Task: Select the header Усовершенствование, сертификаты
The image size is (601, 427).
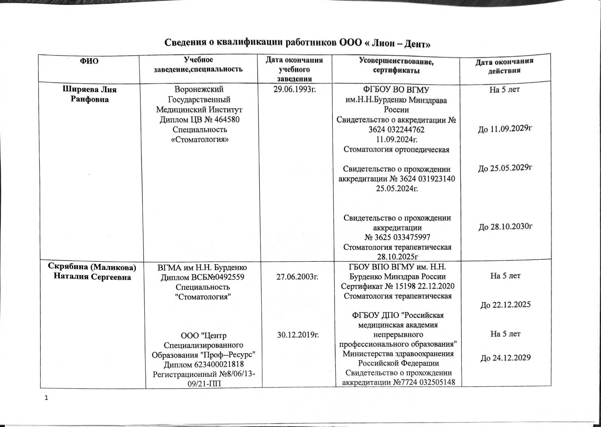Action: [396, 66]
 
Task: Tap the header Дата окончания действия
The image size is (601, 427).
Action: [505, 66]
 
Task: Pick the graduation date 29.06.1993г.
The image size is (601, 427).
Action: [295, 89]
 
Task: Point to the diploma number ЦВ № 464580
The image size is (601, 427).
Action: [199, 120]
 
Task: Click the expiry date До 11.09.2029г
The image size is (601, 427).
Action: [505, 129]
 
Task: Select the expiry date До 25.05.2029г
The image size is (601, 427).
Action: [505, 168]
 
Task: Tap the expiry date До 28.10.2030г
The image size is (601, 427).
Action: [505, 227]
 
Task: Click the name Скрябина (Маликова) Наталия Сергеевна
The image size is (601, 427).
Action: [92, 272]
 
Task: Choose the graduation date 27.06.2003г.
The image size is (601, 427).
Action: [297, 277]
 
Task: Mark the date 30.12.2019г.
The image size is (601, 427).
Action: [297, 335]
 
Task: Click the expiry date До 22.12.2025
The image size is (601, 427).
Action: [505, 305]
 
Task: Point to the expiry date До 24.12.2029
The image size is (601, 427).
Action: [505, 358]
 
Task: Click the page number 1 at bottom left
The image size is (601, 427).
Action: [46, 398]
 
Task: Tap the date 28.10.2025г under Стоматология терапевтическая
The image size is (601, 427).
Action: [397, 256]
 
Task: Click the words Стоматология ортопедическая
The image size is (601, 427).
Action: [396, 149]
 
